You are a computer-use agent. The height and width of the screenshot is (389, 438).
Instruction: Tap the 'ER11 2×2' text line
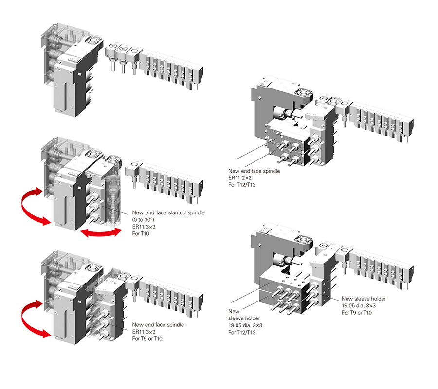click(241, 178)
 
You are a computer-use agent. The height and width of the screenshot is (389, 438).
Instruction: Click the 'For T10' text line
click(142, 234)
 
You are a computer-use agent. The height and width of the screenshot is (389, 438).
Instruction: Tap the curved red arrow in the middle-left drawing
click(32, 208)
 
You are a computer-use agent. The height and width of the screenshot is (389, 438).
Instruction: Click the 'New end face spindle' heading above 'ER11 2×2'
click(254, 171)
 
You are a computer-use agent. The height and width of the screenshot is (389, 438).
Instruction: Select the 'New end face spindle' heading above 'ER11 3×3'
click(158, 324)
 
